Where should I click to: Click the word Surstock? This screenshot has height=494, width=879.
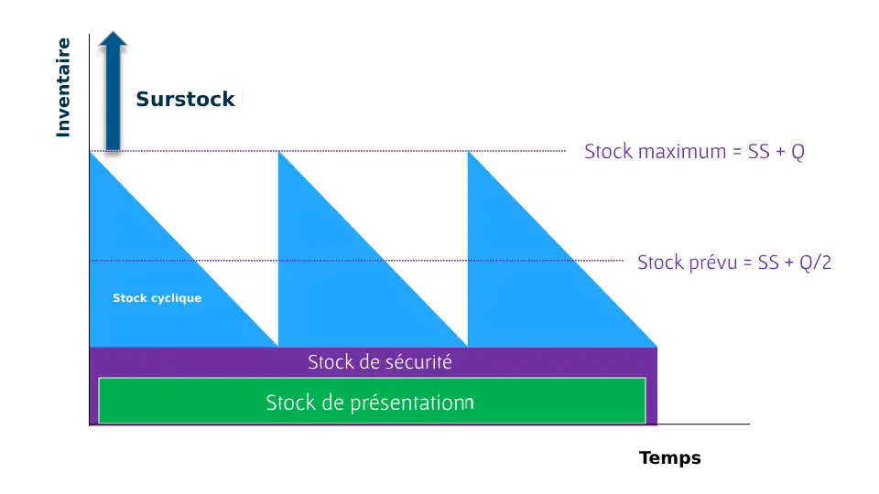tap(185, 99)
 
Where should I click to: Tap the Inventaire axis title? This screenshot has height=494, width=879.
tap(63, 88)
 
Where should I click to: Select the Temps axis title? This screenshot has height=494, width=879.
tap(670, 458)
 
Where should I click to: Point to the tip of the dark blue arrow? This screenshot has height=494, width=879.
tap(114, 31)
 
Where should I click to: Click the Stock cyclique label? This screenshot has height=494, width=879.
tap(157, 298)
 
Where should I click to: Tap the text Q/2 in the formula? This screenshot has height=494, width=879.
tap(816, 263)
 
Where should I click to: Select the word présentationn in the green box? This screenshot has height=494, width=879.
tap(412, 403)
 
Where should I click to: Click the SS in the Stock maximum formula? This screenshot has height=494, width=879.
tap(758, 152)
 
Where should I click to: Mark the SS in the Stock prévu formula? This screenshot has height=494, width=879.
tap(768, 263)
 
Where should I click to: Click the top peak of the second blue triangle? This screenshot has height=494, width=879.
tap(278, 152)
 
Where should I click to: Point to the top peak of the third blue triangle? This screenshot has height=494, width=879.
tap(468, 152)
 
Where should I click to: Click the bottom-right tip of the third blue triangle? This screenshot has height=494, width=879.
tap(657, 346)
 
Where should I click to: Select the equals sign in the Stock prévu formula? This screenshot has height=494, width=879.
tap(747, 263)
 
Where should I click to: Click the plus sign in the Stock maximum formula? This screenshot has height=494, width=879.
tap(780, 153)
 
